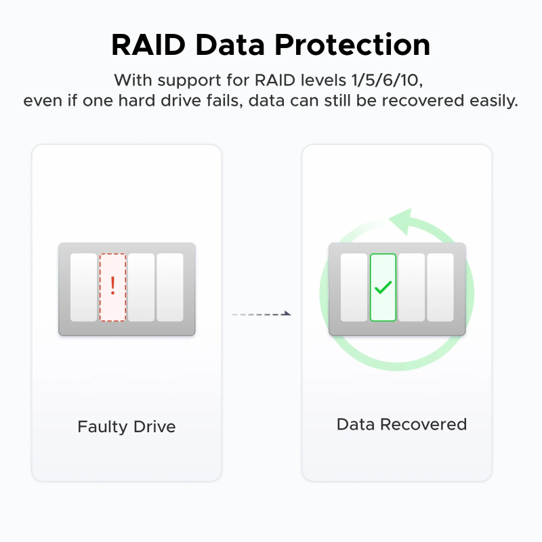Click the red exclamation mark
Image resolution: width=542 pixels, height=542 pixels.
click(x=113, y=285)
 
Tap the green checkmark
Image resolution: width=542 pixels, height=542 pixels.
click(x=383, y=287)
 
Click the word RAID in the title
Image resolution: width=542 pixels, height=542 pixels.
click(x=148, y=45)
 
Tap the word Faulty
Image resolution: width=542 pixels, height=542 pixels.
click(x=102, y=427)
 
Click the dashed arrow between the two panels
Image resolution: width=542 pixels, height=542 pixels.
click(x=261, y=314)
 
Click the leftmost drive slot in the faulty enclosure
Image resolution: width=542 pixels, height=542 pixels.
click(x=84, y=288)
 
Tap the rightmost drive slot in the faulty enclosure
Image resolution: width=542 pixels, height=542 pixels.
click(x=170, y=288)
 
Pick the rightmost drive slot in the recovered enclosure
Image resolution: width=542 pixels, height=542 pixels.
click(x=440, y=288)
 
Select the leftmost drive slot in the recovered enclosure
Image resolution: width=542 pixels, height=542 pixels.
click(x=354, y=288)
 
